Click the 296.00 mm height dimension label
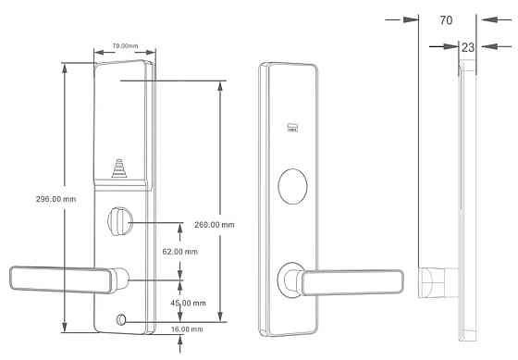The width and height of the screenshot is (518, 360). [55, 199]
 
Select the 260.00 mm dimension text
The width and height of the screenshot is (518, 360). [215, 225]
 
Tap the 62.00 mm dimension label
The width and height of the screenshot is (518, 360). [180, 252]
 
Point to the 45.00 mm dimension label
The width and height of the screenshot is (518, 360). [189, 303]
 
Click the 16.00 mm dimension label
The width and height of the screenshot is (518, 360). [187, 329]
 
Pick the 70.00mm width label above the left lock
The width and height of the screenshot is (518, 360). [125, 46]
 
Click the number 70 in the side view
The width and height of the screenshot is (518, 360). [446, 20]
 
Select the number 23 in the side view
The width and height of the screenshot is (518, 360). [468, 47]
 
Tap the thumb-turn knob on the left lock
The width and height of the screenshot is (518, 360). [120, 221]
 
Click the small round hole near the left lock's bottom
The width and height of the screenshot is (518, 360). [121, 319]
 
